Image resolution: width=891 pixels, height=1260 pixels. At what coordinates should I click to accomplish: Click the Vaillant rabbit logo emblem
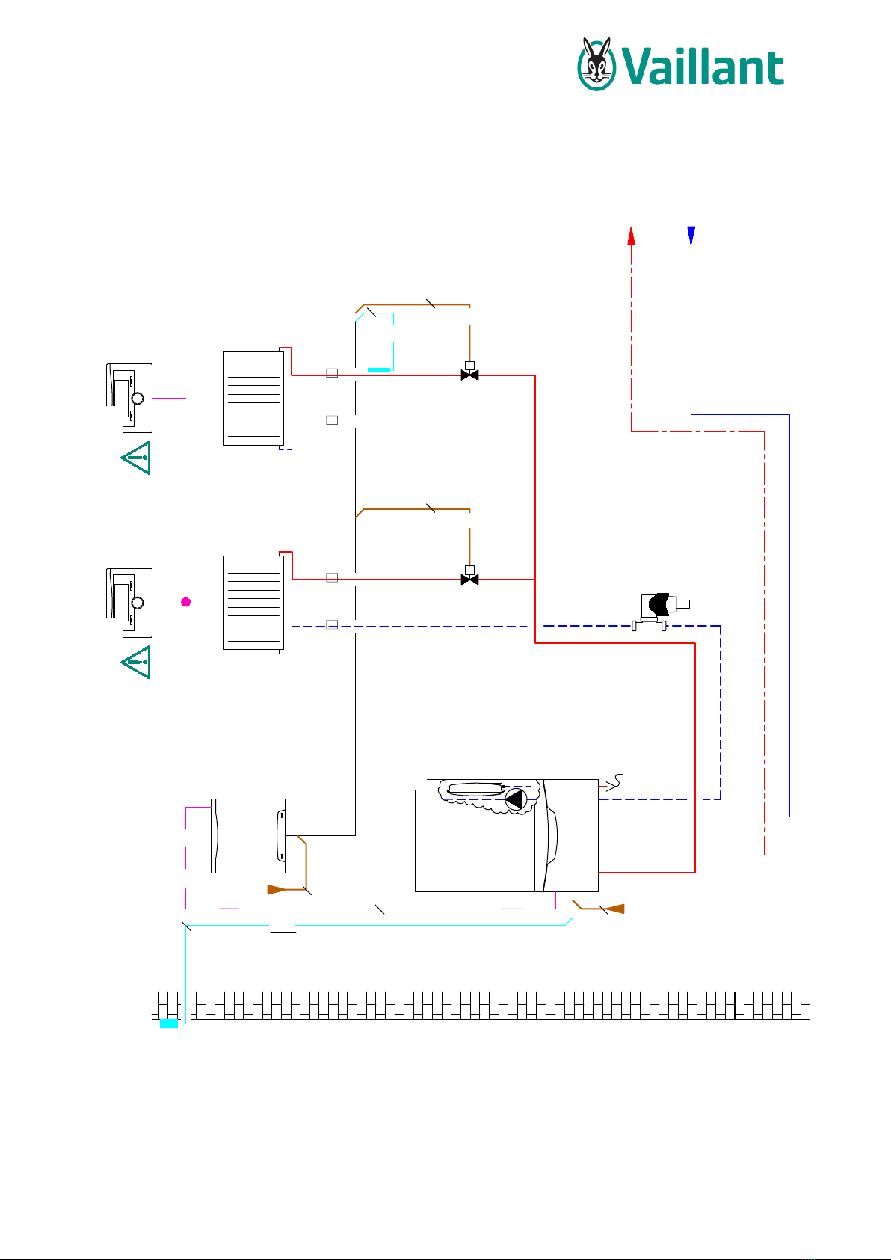(x=596, y=64)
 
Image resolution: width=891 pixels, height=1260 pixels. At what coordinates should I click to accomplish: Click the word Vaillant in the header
(x=703, y=67)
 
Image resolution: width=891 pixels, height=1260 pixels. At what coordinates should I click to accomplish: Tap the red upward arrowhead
(x=632, y=236)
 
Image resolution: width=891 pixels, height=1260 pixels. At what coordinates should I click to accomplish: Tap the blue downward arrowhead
(x=691, y=235)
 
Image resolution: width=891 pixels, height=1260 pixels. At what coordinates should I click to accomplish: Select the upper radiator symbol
(x=253, y=399)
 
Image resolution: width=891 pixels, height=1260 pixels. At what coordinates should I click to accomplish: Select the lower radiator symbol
(x=253, y=603)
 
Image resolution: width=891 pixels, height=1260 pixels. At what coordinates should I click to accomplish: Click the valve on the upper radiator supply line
(x=470, y=371)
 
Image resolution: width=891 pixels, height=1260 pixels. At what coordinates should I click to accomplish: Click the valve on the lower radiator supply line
(x=470, y=576)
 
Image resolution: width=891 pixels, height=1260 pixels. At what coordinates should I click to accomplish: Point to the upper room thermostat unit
(x=129, y=399)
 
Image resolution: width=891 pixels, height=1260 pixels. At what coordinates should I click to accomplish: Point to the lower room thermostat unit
(x=129, y=603)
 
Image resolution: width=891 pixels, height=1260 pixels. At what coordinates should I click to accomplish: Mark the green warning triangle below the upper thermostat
(x=137, y=458)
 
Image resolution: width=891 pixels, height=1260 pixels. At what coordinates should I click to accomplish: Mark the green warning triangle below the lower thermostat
(x=137, y=662)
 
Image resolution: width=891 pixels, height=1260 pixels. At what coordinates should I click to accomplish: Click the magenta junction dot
(x=185, y=603)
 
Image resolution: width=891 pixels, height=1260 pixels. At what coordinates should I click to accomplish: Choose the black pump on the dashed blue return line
(x=661, y=612)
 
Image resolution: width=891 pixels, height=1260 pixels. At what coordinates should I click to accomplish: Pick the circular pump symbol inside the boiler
(x=516, y=799)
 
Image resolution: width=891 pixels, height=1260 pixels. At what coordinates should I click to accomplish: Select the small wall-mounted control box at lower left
(x=248, y=836)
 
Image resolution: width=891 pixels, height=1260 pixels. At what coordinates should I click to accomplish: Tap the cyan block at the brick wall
(x=169, y=1024)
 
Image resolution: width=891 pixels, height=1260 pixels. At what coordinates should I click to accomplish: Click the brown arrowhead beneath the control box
(x=277, y=889)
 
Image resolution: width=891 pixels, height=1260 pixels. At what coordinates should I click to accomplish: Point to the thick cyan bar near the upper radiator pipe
(x=379, y=370)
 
